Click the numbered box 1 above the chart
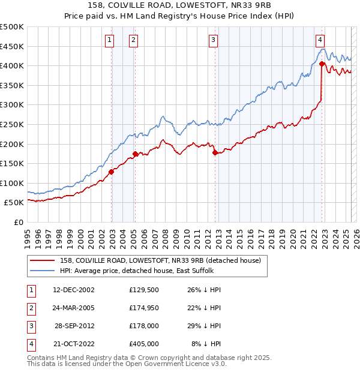110,40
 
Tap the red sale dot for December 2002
112,172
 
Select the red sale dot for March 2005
135,154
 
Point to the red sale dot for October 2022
322,64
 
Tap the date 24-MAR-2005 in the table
74,308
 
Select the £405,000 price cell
144,344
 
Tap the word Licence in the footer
198,364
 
